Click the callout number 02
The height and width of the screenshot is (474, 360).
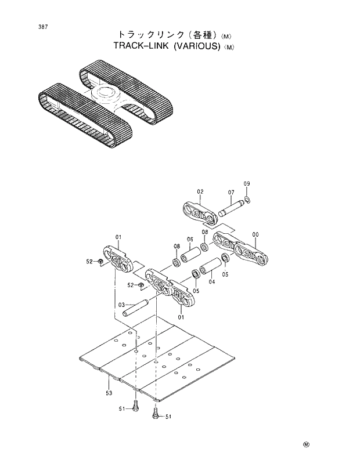pos(200,191)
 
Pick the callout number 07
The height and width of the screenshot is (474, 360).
pos(231,192)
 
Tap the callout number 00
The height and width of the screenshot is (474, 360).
pos(255,234)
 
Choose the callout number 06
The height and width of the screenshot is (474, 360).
pos(190,240)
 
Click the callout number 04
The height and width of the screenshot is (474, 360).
pos(212,282)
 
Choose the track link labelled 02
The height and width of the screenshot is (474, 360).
pos(200,214)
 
